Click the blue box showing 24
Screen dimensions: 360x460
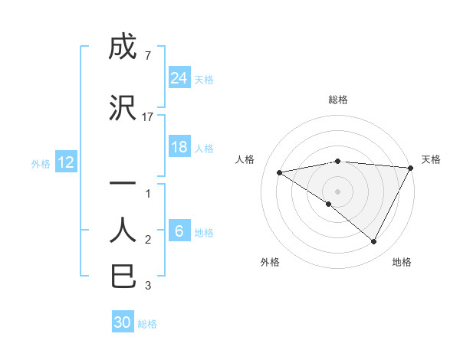[x=179, y=78]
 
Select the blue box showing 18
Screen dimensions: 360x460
[x=179, y=147]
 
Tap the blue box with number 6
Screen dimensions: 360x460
[x=179, y=231]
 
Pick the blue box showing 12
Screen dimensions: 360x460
[x=66, y=162]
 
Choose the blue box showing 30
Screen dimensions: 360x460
[x=123, y=322]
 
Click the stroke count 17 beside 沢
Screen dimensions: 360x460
[x=148, y=117]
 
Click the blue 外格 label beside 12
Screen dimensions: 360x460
[x=41, y=163]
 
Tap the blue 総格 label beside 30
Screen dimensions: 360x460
[x=148, y=324]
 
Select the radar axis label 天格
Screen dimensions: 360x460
[x=431, y=159]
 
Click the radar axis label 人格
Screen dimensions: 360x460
[x=245, y=159]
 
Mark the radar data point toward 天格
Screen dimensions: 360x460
[x=411, y=167]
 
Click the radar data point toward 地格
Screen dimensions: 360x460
[x=374, y=242]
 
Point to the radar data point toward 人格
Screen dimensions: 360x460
[x=280, y=172]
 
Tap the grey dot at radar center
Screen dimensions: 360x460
[x=337, y=191]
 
